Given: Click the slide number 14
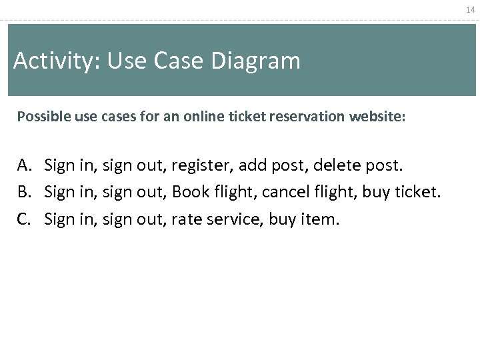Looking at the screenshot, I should [471, 10].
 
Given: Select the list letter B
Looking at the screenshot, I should [25, 193].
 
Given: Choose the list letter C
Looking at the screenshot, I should [25, 219].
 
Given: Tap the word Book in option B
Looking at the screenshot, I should [189, 193].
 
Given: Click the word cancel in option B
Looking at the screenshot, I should [278, 193].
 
